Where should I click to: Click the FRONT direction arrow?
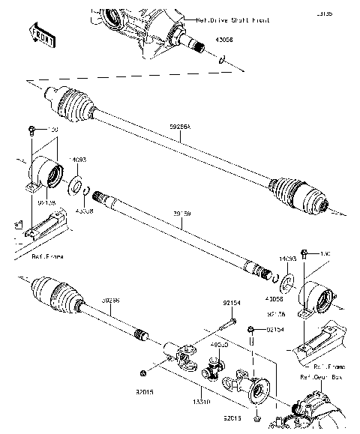click(42, 34)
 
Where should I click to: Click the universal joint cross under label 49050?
click(216, 368)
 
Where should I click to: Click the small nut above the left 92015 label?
click(142, 373)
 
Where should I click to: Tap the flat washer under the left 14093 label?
click(76, 184)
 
